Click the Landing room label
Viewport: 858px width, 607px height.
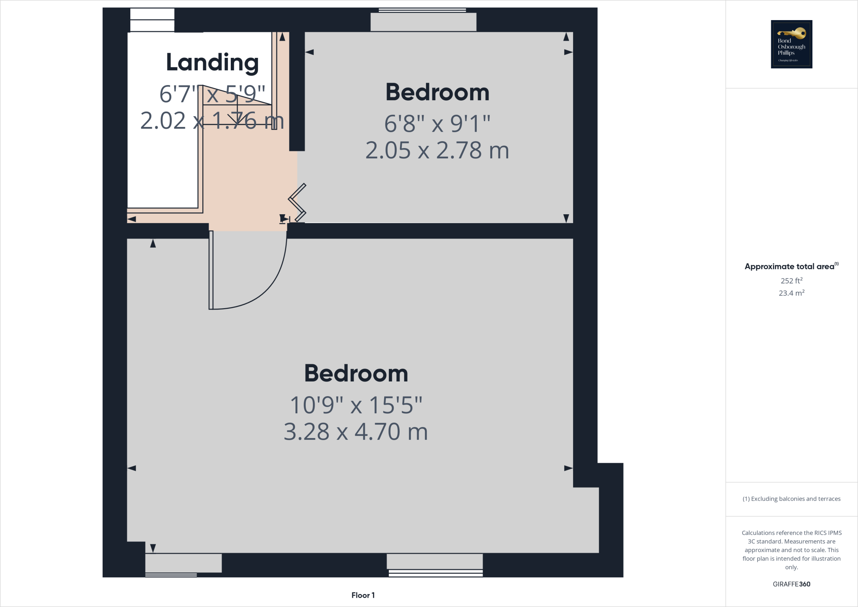pos(212,63)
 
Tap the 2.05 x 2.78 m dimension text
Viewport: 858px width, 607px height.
pos(437,150)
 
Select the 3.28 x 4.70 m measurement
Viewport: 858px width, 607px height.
pos(356,432)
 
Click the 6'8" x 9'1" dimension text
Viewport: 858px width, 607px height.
pos(437,124)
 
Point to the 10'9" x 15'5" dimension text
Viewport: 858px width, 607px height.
pos(356,405)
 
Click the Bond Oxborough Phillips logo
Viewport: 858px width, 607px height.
pos(791,44)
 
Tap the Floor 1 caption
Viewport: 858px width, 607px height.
pos(363,595)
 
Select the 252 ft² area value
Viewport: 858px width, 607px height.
pos(791,281)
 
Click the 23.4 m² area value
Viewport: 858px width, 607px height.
pos(791,293)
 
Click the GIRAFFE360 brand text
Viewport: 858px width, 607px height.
pos(791,584)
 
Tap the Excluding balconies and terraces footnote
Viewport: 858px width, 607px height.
pos(791,499)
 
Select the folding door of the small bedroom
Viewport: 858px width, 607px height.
pos(297,203)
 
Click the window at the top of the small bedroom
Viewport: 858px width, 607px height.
pos(423,21)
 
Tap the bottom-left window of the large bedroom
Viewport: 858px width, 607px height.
pos(183,564)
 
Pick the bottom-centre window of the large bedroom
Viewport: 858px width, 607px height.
pos(435,564)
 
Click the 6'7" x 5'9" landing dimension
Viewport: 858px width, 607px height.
pos(212,94)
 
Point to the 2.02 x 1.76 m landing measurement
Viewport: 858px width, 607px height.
pos(212,121)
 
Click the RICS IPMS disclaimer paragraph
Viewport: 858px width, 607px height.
pos(791,550)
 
